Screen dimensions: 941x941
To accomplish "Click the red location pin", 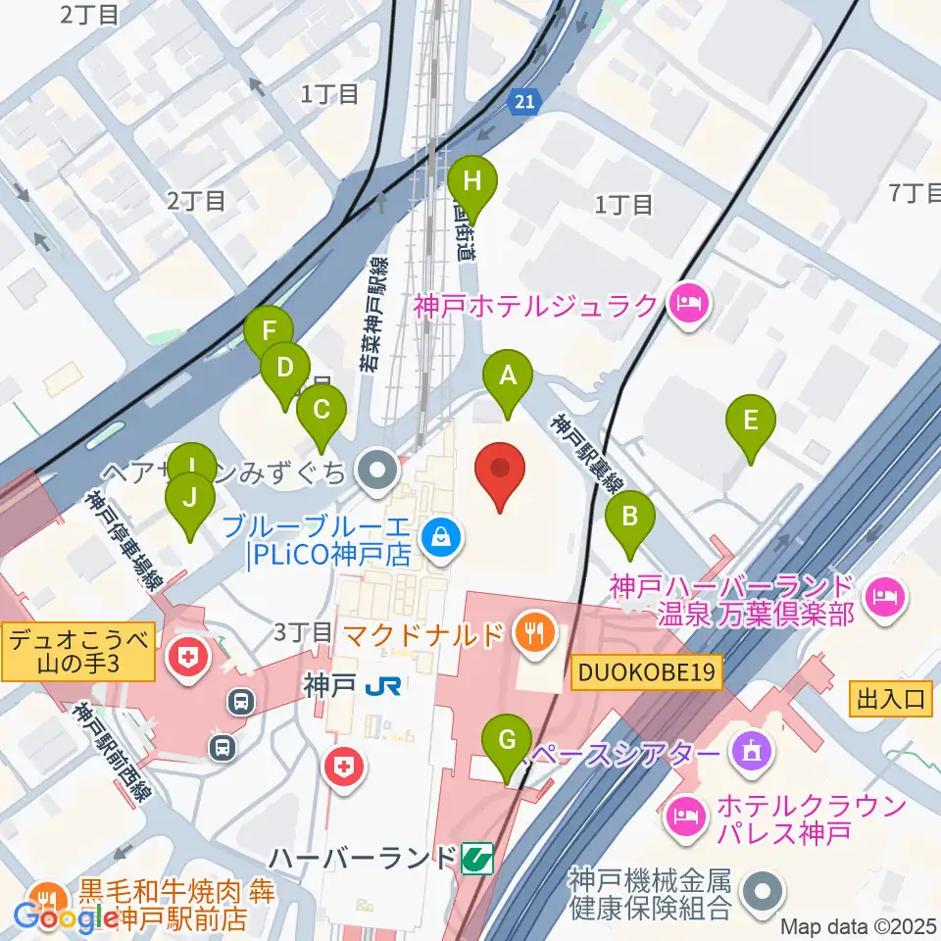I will pos(499,474).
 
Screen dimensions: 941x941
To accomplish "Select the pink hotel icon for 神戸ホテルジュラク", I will pos(686,304).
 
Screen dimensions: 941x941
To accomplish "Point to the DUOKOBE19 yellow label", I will pos(648,672).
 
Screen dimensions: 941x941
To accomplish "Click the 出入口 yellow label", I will pos(890,699).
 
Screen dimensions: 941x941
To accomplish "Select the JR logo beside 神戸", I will pos(381,687).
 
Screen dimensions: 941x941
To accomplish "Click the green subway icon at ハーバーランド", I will pos(475,859).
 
